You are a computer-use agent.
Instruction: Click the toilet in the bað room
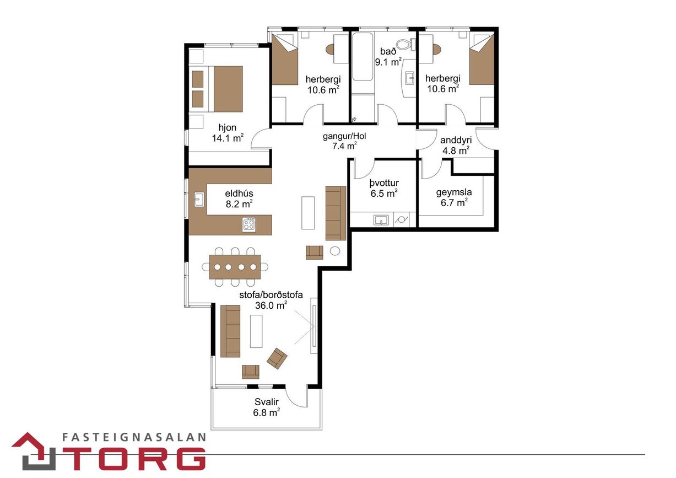point(406,45)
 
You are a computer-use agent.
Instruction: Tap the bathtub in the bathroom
point(363,56)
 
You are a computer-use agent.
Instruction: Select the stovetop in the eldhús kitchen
point(249,224)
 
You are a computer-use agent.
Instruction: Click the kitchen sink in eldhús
point(199,200)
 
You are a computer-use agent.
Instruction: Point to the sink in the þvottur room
point(381,219)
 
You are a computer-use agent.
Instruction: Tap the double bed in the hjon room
point(217,89)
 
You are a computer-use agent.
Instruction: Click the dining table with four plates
point(235,267)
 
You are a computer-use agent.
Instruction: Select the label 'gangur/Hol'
point(344,136)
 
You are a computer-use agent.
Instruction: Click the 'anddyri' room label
point(456,140)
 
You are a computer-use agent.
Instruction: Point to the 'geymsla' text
point(454,192)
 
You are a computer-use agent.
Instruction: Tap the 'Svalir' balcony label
point(267,401)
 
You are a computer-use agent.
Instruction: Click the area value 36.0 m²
point(271,305)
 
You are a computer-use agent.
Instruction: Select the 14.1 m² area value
point(228,138)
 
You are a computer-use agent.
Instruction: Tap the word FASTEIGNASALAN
point(134,437)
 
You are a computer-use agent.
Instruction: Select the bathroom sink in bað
point(410,78)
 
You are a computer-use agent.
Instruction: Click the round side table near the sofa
point(335,251)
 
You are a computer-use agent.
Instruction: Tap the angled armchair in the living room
point(277,358)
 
